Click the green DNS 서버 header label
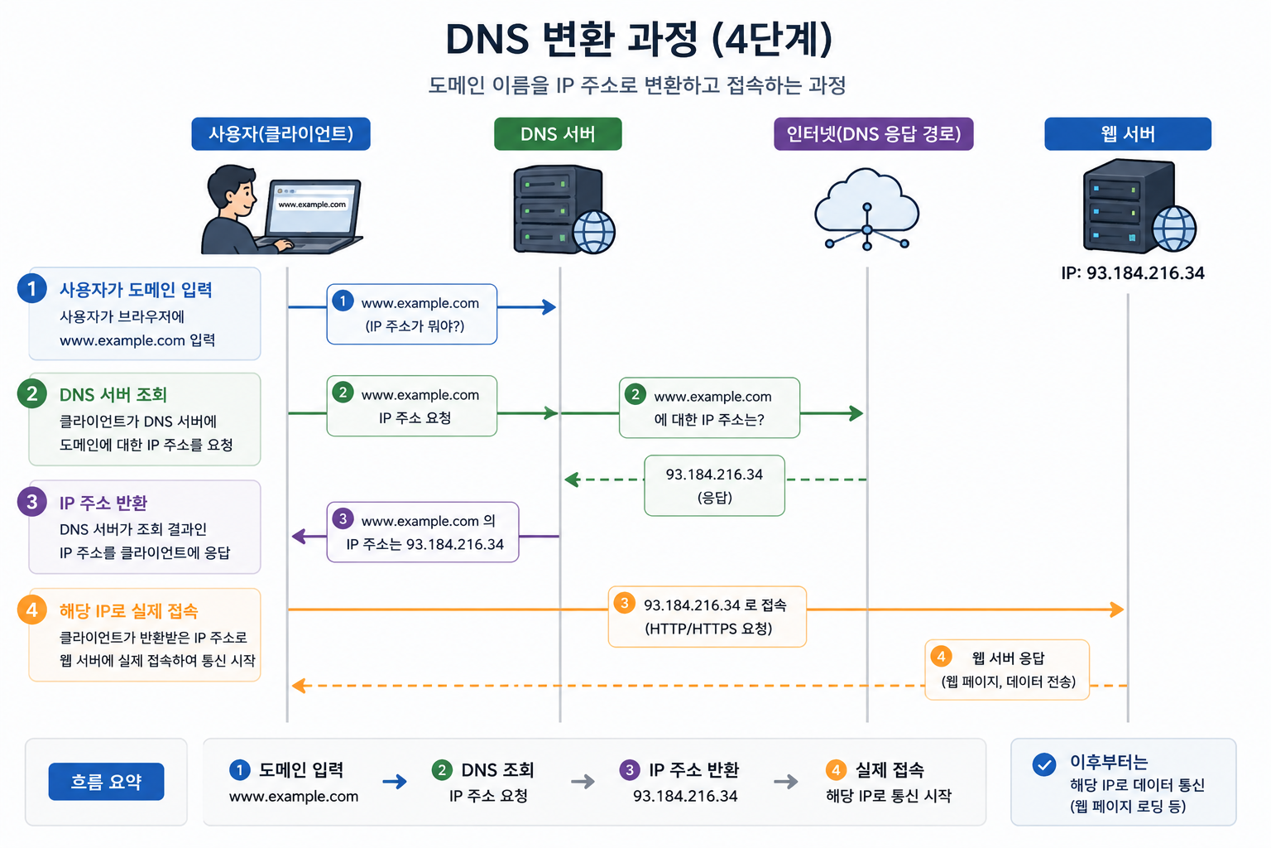(558, 134)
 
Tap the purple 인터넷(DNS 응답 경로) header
(873, 134)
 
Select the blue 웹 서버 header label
(1128, 134)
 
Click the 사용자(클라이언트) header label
(281, 134)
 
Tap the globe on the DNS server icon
(593, 232)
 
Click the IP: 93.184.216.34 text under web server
(1133, 273)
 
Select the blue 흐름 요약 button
(106, 782)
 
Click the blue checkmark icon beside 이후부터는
(1044, 764)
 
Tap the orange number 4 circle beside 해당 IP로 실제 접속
(31, 609)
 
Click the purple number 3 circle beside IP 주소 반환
(31, 502)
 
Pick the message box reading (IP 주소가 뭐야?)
(412, 314)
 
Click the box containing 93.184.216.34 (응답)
(714, 485)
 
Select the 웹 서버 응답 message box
(1007, 670)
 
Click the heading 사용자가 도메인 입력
(137, 290)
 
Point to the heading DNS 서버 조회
(113, 395)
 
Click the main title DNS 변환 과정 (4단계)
(639, 40)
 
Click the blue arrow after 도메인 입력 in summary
(395, 782)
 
